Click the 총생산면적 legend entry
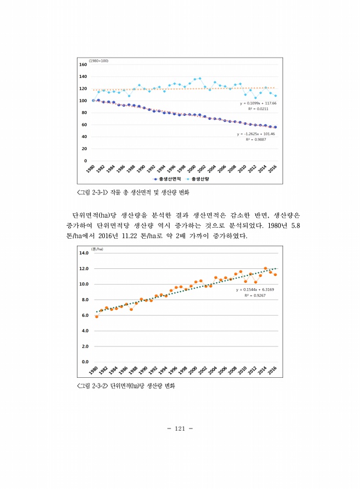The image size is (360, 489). pos(167,180)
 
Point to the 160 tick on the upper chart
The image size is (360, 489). pos(82,65)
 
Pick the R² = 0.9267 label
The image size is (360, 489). pos(255,295)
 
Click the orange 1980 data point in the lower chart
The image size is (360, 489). pos(96,316)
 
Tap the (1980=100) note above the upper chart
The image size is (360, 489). pos(98,61)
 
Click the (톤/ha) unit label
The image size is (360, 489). pos(97,249)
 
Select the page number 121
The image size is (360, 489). pos(179,428)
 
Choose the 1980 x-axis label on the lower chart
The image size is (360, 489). pos(93,371)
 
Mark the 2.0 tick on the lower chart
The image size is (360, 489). pos(84,346)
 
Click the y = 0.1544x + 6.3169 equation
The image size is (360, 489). pos(255,289)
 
